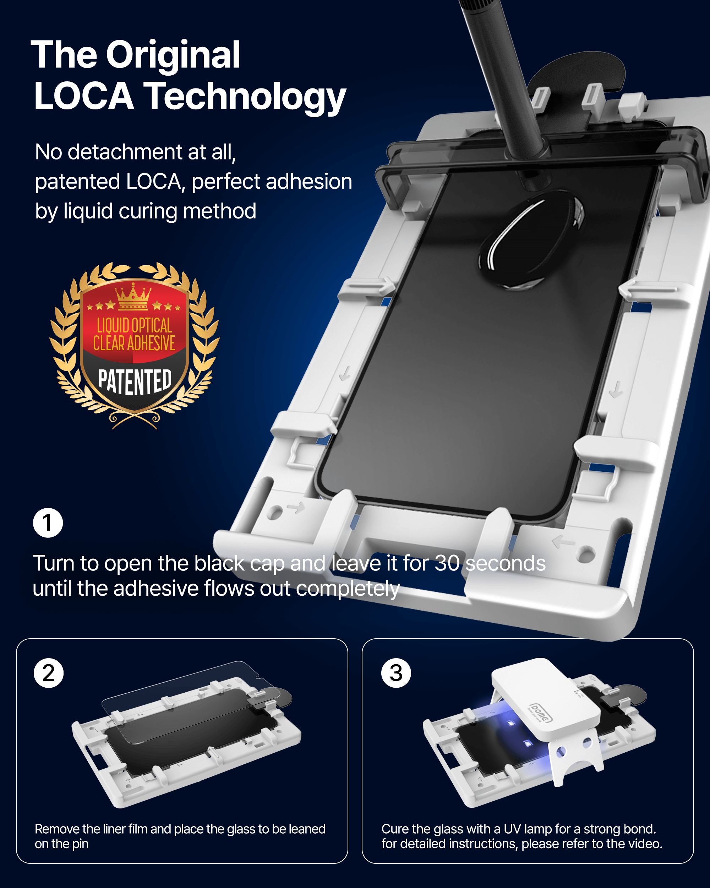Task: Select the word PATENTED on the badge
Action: [x=135, y=381]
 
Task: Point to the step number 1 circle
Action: [x=48, y=522]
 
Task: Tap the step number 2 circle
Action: [x=49, y=673]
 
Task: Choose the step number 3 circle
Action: [x=396, y=673]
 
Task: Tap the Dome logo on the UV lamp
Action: [x=540, y=713]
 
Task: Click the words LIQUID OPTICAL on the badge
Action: [x=135, y=325]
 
